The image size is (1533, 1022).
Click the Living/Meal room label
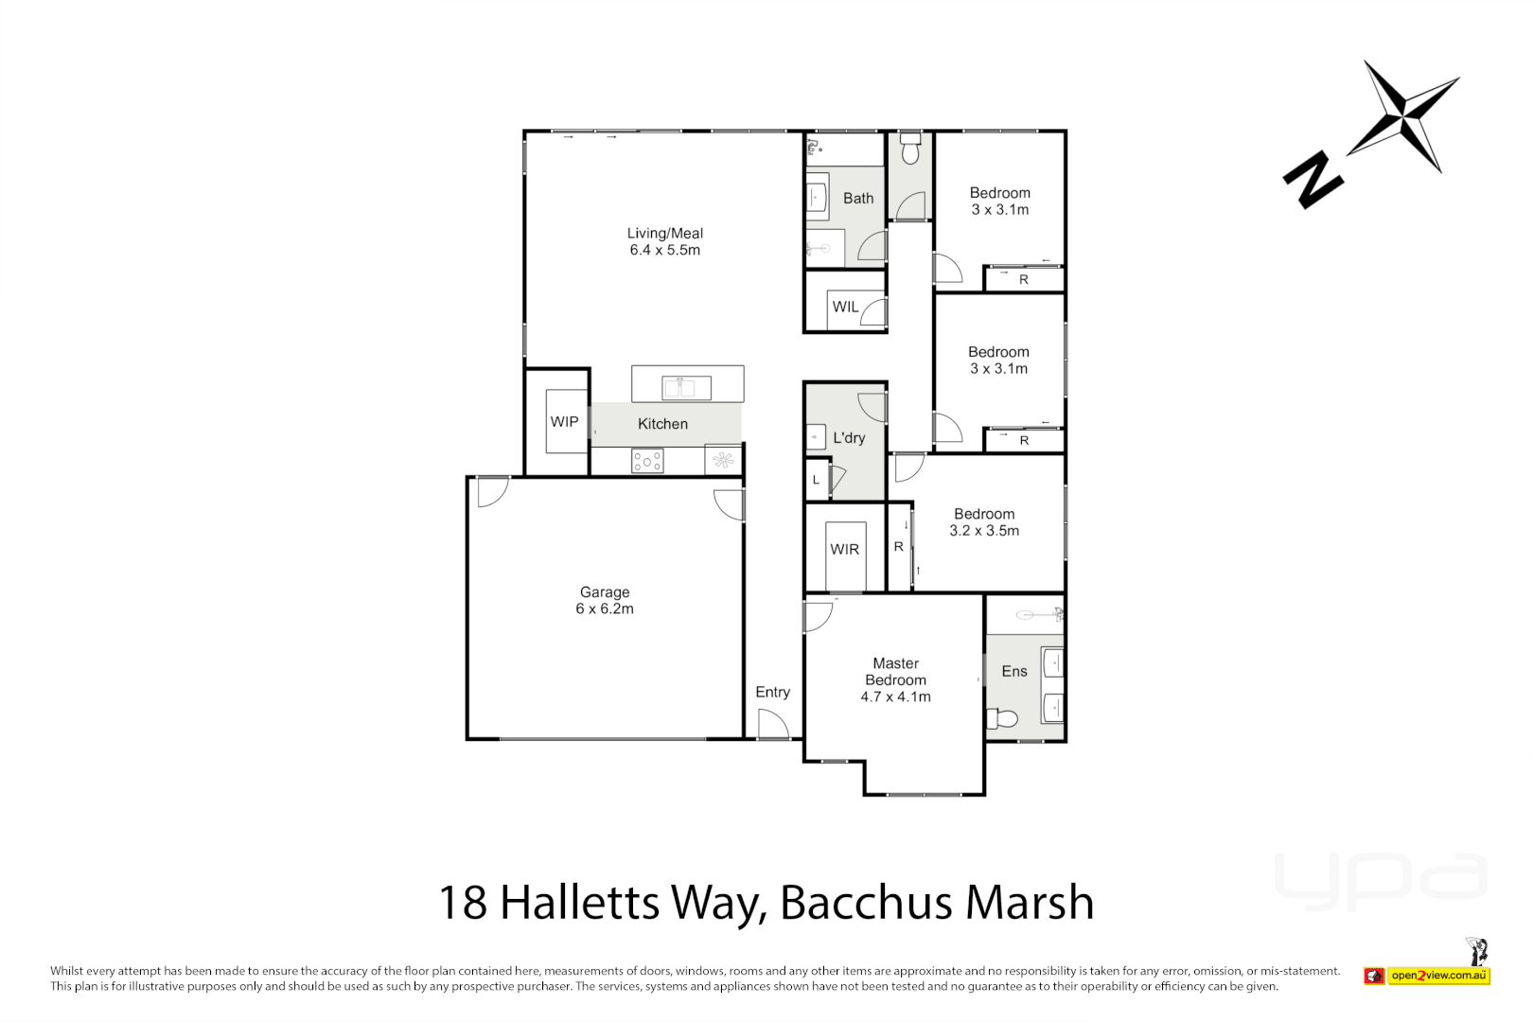point(664,234)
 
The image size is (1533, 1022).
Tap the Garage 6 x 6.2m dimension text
point(605,609)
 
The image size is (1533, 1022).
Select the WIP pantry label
point(565,422)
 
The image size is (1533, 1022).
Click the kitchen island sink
point(687,387)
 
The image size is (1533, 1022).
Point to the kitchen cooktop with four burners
point(648,461)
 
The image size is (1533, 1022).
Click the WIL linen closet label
point(845,308)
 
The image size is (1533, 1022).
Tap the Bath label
point(858,199)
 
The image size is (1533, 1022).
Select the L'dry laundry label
point(849,438)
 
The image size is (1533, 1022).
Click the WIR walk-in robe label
point(844,550)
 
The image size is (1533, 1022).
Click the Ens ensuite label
point(1014,672)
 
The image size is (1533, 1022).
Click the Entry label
point(772,693)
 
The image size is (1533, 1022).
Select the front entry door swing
point(773,724)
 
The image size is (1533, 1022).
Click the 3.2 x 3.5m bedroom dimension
point(984,532)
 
